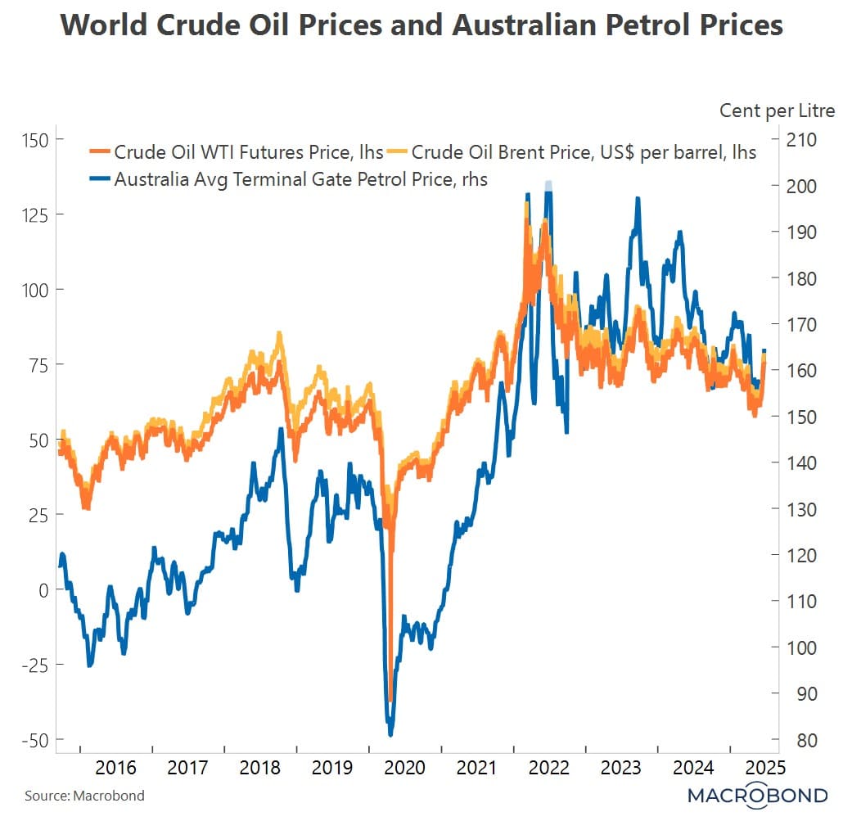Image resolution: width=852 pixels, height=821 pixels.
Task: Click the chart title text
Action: pos(421,25)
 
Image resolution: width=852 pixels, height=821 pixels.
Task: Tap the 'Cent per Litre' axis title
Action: pos(777,111)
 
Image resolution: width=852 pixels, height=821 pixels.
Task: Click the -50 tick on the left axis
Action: pos(34,740)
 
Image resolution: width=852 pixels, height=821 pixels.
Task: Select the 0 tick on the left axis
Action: pos(45,590)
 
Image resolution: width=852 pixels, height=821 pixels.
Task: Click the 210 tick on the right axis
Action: pos(802,140)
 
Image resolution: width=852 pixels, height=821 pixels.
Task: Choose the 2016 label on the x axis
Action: pos(115,768)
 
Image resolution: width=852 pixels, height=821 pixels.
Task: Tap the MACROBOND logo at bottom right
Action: pos(757,795)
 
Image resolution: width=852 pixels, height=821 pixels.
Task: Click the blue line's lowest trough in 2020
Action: pos(390,733)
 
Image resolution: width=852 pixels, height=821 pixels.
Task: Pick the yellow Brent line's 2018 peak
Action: pos(279,333)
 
